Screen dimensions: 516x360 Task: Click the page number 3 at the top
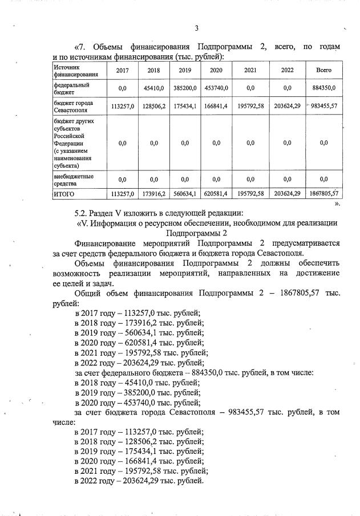coord(196,29)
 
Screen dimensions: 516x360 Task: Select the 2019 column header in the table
coord(184,70)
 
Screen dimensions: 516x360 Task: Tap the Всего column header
coord(323,70)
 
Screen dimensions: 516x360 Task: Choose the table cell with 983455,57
coord(324,106)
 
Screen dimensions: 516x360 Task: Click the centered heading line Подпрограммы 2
coord(196,233)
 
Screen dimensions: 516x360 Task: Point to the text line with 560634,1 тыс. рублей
coord(139,332)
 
